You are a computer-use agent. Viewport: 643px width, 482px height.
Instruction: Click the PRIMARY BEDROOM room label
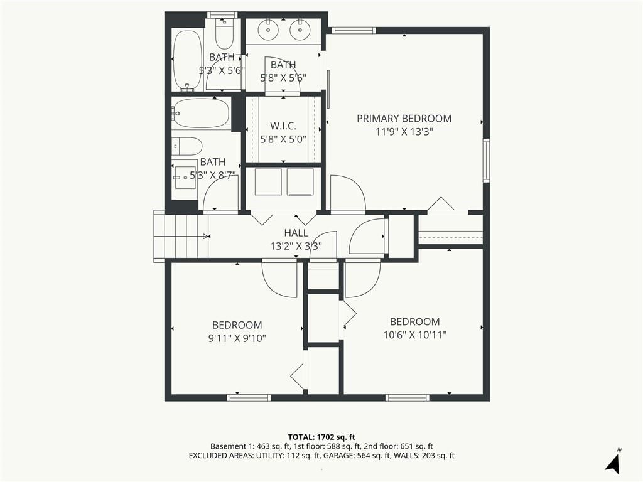(404, 119)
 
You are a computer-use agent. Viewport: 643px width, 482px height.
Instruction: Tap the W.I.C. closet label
(283, 126)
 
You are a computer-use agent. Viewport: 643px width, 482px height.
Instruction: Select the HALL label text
(296, 233)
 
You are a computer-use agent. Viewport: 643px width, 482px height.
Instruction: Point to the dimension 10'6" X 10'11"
(414, 335)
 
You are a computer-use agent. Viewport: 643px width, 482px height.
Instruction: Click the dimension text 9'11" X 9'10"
(237, 338)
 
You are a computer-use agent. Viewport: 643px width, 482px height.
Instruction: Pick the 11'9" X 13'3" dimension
(404, 132)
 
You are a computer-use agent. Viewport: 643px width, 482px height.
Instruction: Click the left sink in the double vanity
(268, 29)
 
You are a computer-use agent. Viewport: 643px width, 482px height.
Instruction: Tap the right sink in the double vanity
(300, 29)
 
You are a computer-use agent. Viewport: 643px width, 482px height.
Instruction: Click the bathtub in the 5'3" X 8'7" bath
(200, 113)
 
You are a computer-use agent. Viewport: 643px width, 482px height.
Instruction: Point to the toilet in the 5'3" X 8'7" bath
(187, 146)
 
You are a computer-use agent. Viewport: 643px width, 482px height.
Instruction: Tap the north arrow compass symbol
(613, 463)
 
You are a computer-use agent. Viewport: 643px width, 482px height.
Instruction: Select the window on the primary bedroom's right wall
(486, 160)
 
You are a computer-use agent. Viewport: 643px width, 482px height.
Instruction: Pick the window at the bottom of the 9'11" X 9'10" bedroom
(249, 397)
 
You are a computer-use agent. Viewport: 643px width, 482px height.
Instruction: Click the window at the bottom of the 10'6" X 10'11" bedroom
(407, 397)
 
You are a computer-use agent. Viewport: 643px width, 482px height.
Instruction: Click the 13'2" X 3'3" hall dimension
(296, 246)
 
